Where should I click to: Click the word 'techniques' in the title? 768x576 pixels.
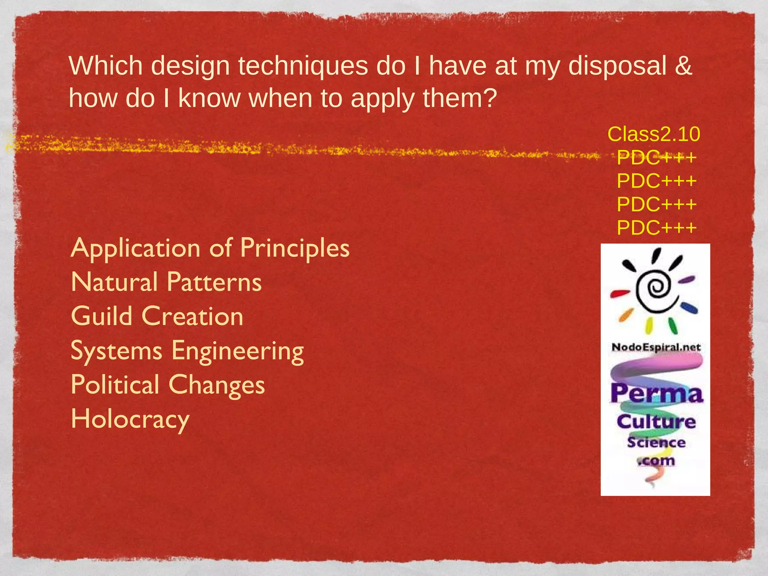(303, 66)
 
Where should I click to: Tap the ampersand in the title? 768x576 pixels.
(683, 66)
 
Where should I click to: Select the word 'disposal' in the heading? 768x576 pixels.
(617, 66)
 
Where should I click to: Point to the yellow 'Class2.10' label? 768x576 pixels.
(654, 134)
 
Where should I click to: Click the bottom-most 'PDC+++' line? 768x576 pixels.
(657, 228)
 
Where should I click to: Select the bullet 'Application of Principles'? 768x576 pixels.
(210, 248)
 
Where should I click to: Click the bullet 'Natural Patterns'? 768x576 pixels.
(166, 282)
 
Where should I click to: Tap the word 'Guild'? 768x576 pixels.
(102, 316)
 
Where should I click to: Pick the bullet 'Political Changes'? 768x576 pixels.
(168, 385)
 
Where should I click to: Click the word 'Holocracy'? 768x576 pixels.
(130, 419)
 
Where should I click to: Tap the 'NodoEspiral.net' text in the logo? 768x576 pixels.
(656, 347)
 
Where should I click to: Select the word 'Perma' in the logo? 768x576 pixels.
(656, 394)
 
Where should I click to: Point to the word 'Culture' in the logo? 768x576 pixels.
(656, 421)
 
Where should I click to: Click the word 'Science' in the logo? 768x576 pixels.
(656, 442)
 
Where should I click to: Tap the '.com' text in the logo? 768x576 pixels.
(656, 460)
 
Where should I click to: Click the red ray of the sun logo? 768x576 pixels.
(619, 293)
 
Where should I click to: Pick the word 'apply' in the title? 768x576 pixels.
(383, 99)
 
